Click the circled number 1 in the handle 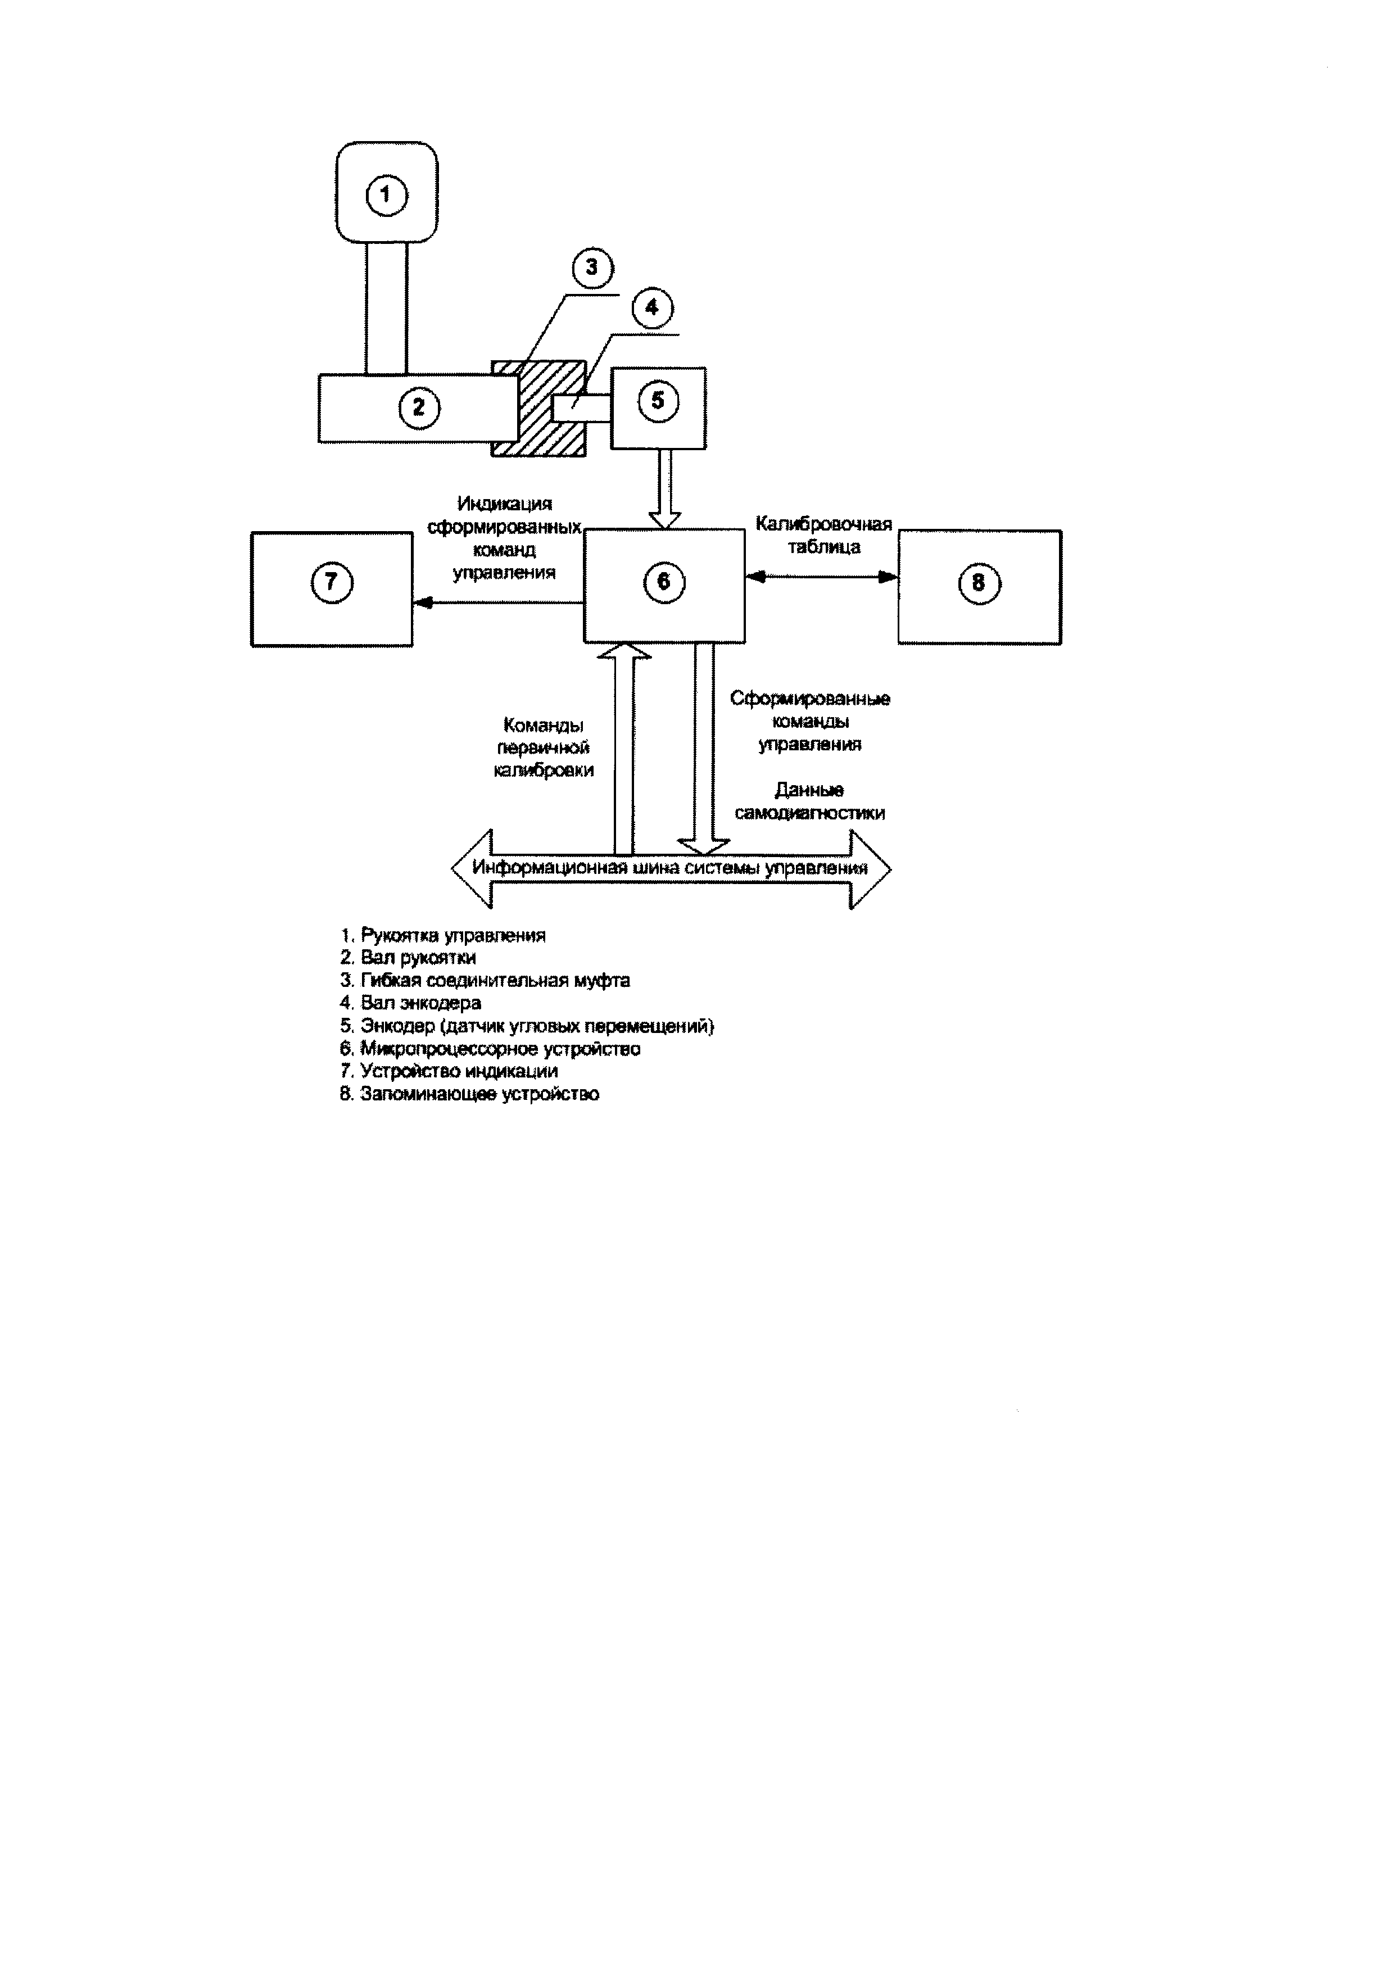(386, 196)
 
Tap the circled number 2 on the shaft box (419, 407)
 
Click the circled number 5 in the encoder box (658, 401)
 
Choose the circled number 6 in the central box (663, 582)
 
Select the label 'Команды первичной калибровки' (544, 747)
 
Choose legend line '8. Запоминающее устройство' (469, 1094)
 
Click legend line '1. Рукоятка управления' (443, 935)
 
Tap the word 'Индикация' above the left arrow (505, 504)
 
